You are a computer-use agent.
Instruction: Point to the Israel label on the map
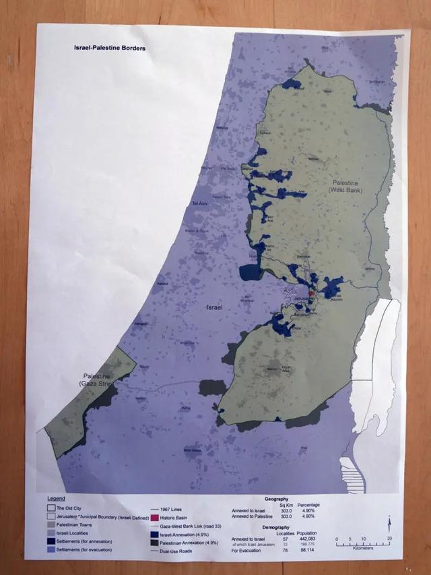[215, 307]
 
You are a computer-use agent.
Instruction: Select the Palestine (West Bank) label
[345, 187]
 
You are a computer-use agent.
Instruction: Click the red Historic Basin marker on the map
[312, 295]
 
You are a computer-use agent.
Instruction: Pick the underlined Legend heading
[56, 498]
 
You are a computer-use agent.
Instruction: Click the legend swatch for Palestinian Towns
[51, 524]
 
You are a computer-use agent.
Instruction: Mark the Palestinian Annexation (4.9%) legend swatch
[158, 541]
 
